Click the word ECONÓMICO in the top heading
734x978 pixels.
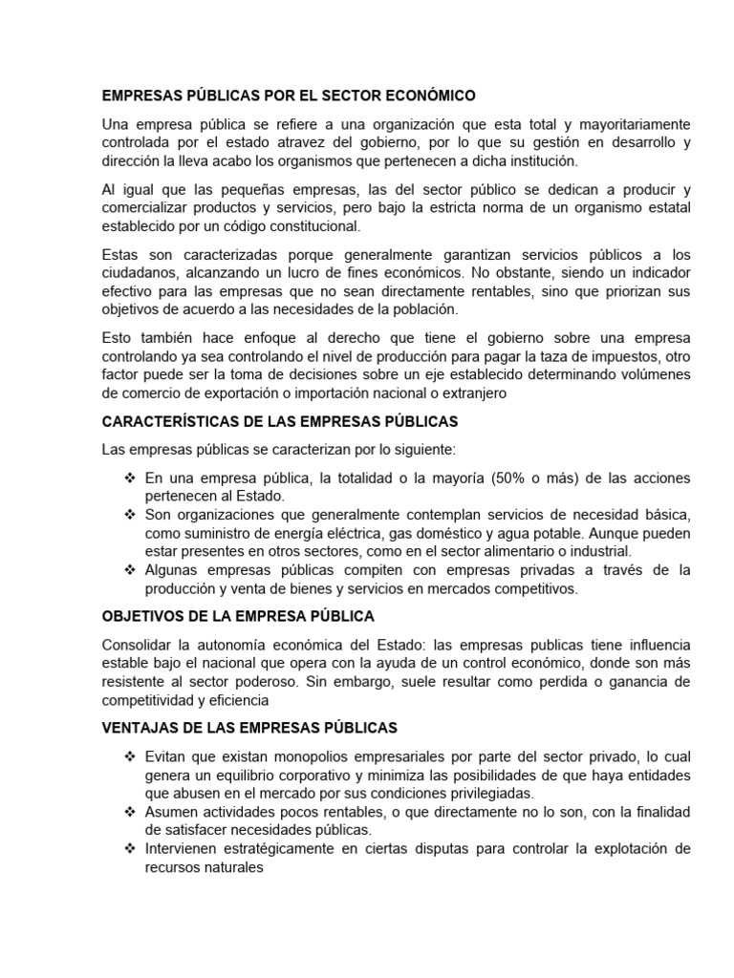431,96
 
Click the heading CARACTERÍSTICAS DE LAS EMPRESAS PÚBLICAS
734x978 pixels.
280,421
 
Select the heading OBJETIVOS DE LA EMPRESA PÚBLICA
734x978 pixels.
238,616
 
